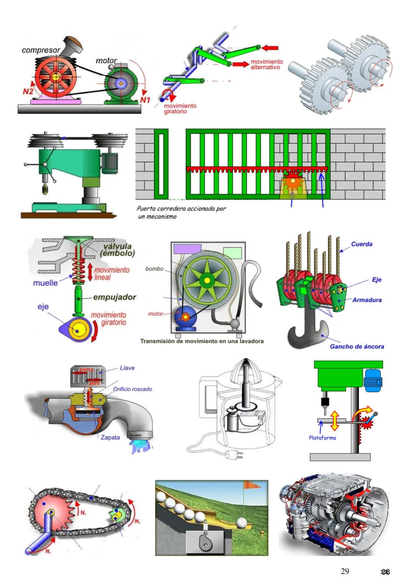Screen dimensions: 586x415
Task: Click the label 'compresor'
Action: (x=41, y=50)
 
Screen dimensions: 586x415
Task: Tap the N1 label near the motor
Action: (x=145, y=100)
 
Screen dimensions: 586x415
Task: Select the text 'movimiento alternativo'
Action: (x=267, y=64)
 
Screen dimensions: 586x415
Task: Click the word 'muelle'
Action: (x=45, y=283)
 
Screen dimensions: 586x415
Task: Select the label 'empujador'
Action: (x=115, y=297)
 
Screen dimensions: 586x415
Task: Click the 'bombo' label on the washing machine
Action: (x=154, y=269)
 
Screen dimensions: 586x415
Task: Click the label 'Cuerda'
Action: (x=362, y=244)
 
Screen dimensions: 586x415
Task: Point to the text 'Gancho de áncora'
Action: (x=357, y=347)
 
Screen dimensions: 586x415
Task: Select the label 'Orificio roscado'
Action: (x=133, y=389)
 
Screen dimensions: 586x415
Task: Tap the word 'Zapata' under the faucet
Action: (x=110, y=437)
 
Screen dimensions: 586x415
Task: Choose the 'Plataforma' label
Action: (x=322, y=438)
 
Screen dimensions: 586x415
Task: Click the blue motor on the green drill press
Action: (x=373, y=380)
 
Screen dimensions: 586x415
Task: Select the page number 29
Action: (x=345, y=571)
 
